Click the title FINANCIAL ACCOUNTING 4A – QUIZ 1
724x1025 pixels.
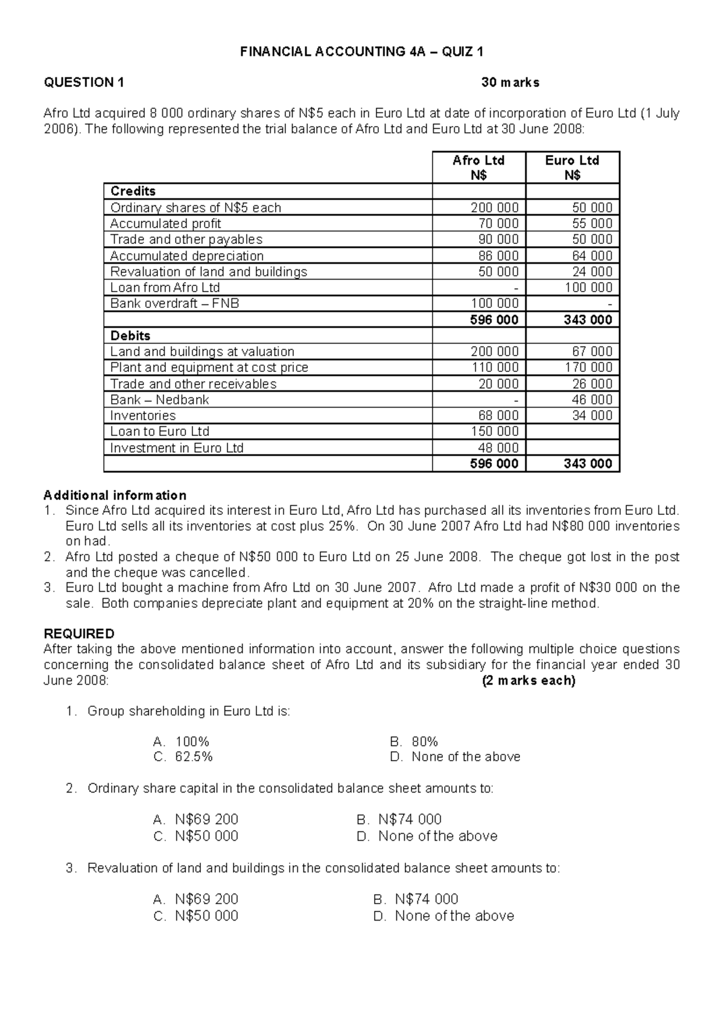pos(361,52)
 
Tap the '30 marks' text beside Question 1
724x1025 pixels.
pos(510,83)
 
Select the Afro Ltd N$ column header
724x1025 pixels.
pos(478,167)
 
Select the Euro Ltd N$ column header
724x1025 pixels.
pos(572,167)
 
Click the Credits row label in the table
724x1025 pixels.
pos(133,191)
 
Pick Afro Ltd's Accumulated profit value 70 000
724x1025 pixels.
pos(495,223)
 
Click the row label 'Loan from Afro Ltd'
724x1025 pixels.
pos(165,288)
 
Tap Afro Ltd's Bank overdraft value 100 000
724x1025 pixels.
pos(494,304)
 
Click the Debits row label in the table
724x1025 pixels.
pos(130,336)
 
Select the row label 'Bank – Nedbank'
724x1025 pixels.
pos(159,400)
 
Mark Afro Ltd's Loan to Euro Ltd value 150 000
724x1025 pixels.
pos(494,432)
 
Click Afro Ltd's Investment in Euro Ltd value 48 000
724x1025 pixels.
pos(498,448)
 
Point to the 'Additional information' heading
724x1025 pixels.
pos(115,496)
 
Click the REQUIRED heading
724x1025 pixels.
pos(79,634)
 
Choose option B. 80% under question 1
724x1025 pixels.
pos(414,742)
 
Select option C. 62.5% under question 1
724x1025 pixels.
pos(183,757)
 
